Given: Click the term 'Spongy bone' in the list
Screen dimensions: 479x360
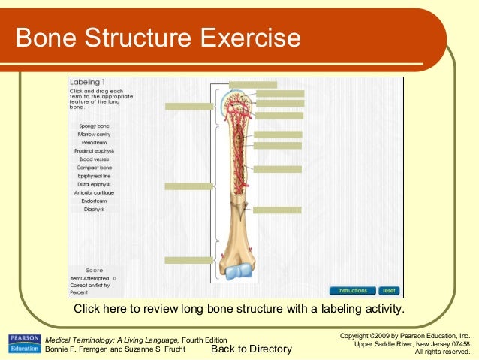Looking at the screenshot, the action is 95,126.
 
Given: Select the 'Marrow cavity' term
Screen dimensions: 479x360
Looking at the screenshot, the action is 95,134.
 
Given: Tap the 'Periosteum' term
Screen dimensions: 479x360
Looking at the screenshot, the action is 95,142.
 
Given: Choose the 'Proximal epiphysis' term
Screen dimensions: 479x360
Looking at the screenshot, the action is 95,151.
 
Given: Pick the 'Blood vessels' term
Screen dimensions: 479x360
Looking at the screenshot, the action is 95,159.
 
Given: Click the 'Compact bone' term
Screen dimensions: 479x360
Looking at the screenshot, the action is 95,168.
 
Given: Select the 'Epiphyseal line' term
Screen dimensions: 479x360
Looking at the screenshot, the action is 95,176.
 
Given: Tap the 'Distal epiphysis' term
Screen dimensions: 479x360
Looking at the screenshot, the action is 95,184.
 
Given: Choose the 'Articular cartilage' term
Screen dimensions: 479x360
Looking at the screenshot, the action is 95,192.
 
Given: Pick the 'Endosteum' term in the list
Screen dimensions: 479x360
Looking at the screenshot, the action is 95,201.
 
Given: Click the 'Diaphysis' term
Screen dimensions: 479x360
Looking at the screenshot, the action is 95,209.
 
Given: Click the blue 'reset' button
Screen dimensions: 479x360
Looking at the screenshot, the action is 388,290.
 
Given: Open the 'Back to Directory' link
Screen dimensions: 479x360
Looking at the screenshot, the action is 251,349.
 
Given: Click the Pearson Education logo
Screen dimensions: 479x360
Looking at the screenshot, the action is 23,344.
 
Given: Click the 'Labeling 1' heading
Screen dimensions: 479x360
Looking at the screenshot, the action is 87,81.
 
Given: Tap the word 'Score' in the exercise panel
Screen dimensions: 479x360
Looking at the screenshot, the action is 95,270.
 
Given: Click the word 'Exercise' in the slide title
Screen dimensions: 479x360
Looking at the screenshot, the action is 245,38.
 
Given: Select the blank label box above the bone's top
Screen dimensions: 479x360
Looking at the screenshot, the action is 252,85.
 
